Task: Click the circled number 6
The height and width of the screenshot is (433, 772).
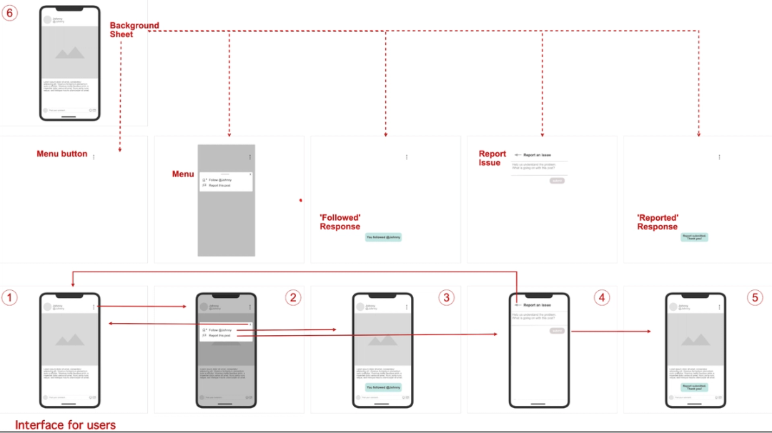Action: click(9, 13)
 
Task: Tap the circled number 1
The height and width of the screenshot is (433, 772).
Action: click(9, 297)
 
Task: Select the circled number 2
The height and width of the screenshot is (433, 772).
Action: click(293, 297)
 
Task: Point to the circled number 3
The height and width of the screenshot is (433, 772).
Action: click(447, 297)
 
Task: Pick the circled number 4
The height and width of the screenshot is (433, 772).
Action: click(602, 297)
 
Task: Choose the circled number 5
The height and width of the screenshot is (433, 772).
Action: click(756, 297)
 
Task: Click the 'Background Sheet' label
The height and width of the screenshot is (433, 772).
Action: click(134, 29)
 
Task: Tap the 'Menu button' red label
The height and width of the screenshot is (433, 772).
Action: click(62, 154)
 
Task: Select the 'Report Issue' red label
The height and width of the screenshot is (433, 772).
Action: click(492, 158)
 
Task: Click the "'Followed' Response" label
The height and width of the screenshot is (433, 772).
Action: click(340, 222)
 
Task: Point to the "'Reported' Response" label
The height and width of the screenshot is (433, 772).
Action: click(658, 222)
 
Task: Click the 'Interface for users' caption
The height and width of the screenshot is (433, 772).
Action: click(65, 425)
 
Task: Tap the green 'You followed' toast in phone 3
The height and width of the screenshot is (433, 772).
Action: click(383, 387)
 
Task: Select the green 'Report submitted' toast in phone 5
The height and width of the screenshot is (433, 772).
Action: click(694, 387)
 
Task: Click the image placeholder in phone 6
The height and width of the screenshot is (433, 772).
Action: click(69, 51)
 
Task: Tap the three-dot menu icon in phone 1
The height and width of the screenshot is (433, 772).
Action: click(94, 307)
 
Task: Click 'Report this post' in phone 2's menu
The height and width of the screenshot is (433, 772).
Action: click(219, 334)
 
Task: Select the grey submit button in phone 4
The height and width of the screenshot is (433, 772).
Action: click(557, 331)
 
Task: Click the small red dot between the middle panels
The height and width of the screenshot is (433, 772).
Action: click(300, 201)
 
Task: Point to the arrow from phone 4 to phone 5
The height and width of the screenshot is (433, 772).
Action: click(611, 332)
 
